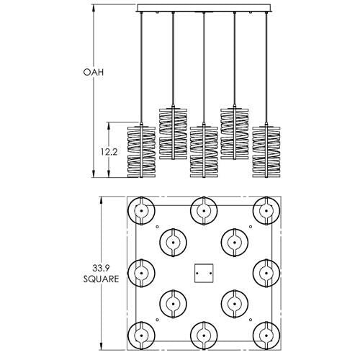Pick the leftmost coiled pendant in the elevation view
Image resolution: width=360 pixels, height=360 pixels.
point(142,150)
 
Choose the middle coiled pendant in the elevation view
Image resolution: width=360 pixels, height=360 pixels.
point(204,150)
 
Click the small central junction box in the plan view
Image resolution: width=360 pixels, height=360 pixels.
point(204,272)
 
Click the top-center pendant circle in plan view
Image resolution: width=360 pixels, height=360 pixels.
point(204,211)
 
